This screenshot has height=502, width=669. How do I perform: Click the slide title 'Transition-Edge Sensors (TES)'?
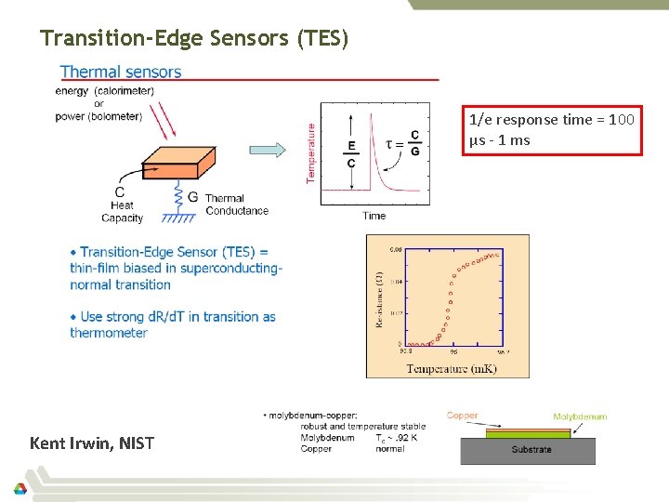[194, 38]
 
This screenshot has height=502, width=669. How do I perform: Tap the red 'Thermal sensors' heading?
[121, 72]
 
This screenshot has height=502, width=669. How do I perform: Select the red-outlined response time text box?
[552, 130]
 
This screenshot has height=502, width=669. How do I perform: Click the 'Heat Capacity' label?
[122, 211]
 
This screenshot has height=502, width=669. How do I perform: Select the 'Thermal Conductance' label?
[236, 205]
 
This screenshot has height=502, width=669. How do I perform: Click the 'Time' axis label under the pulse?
[374, 216]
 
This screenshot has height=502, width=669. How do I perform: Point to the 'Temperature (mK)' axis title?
[451, 369]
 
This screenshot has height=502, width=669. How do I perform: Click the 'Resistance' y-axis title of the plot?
[379, 297]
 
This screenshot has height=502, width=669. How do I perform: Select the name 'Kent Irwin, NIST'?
[92, 443]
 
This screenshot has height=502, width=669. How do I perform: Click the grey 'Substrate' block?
[531, 450]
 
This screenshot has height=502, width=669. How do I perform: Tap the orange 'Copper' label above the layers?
[462, 416]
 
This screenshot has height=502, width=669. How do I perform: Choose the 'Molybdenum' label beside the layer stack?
[580, 416]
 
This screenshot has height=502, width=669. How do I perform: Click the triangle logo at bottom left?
[20, 488]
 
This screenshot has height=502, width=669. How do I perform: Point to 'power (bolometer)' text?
[98, 116]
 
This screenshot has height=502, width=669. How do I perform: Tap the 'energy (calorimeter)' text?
[104, 91]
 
